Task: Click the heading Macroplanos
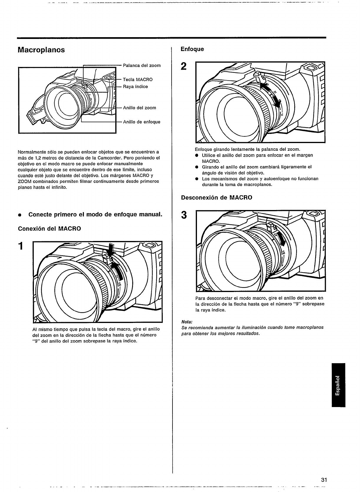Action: pos(41,50)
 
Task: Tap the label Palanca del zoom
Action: pos(142,65)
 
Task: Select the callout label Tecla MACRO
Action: pos(138,79)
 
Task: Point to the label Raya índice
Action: pos(135,86)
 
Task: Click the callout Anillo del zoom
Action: pos(139,108)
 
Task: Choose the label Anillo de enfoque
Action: pos(142,122)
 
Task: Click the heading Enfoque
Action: pos(192,49)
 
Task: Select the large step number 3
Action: pos(184,215)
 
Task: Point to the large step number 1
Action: pos(20,245)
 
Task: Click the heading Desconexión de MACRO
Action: pos(217,197)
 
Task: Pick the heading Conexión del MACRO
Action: pos(50,229)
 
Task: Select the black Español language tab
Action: pos(338,385)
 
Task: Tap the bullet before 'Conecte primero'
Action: pos(20,215)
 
